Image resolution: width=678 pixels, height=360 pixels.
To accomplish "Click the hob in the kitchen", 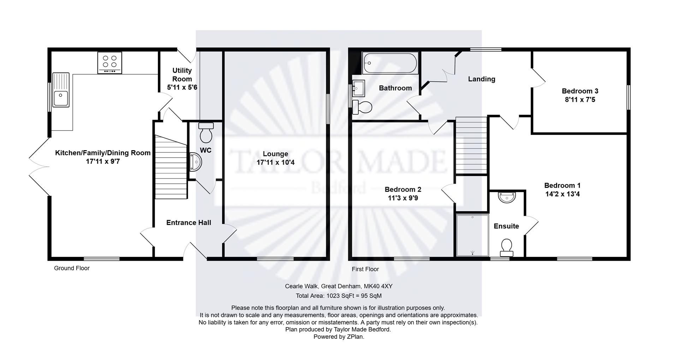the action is (x=110, y=63).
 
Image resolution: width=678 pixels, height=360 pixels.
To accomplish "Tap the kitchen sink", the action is (x=61, y=90).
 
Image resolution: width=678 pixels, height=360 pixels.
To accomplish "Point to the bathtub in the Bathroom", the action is (x=390, y=63).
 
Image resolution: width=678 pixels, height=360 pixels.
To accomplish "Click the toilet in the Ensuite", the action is (x=507, y=247).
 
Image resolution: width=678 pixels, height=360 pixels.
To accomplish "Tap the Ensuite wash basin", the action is (x=507, y=197).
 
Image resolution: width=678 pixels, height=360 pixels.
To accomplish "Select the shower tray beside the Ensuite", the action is (x=472, y=235).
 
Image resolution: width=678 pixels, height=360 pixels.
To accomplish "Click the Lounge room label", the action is (x=275, y=154).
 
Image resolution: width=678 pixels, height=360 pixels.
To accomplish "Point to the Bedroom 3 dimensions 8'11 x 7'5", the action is (x=580, y=100).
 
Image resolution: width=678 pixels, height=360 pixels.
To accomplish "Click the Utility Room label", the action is (x=182, y=75).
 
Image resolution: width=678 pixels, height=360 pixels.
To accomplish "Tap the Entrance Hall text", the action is (x=189, y=223).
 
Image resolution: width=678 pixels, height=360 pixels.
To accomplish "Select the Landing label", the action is (x=482, y=79).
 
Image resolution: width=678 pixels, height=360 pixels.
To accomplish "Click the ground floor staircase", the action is (x=171, y=167).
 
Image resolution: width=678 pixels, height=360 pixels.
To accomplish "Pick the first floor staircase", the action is (x=471, y=146).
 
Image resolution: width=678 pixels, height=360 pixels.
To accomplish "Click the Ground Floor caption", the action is (x=72, y=268).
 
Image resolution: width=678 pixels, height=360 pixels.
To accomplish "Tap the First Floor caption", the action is (x=365, y=269).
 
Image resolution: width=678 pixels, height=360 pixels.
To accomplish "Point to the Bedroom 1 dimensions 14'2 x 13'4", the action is (x=562, y=194).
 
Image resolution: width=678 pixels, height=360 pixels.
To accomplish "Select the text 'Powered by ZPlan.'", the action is (x=339, y=337).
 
